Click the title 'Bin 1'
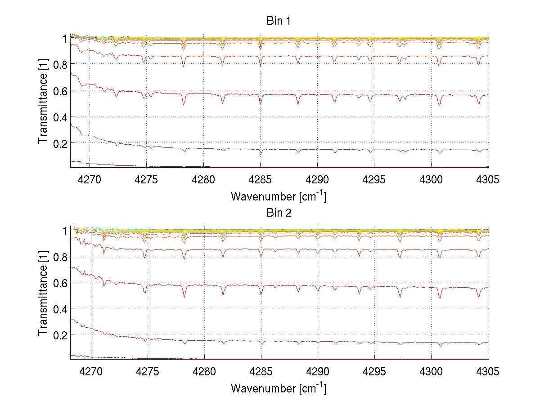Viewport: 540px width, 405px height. (x=279, y=21)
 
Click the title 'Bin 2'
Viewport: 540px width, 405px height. (x=279, y=213)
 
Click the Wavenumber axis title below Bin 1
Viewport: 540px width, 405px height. (x=279, y=196)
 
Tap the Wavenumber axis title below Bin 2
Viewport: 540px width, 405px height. (x=279, y=388)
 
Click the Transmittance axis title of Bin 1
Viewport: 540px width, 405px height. (x=43, y=102)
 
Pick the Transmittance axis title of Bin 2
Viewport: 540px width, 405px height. (x=43, y=294)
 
